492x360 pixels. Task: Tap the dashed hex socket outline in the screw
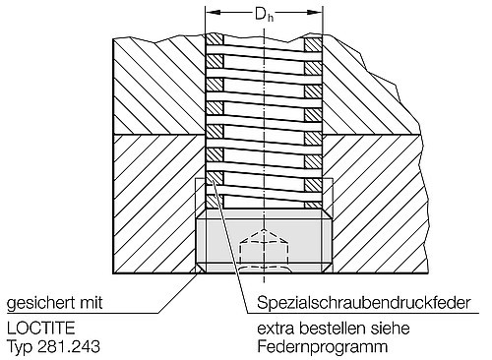[264, 246]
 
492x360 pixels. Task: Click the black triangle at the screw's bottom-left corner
[200, 269]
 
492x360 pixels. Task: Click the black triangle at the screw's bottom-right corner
[328, 269]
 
